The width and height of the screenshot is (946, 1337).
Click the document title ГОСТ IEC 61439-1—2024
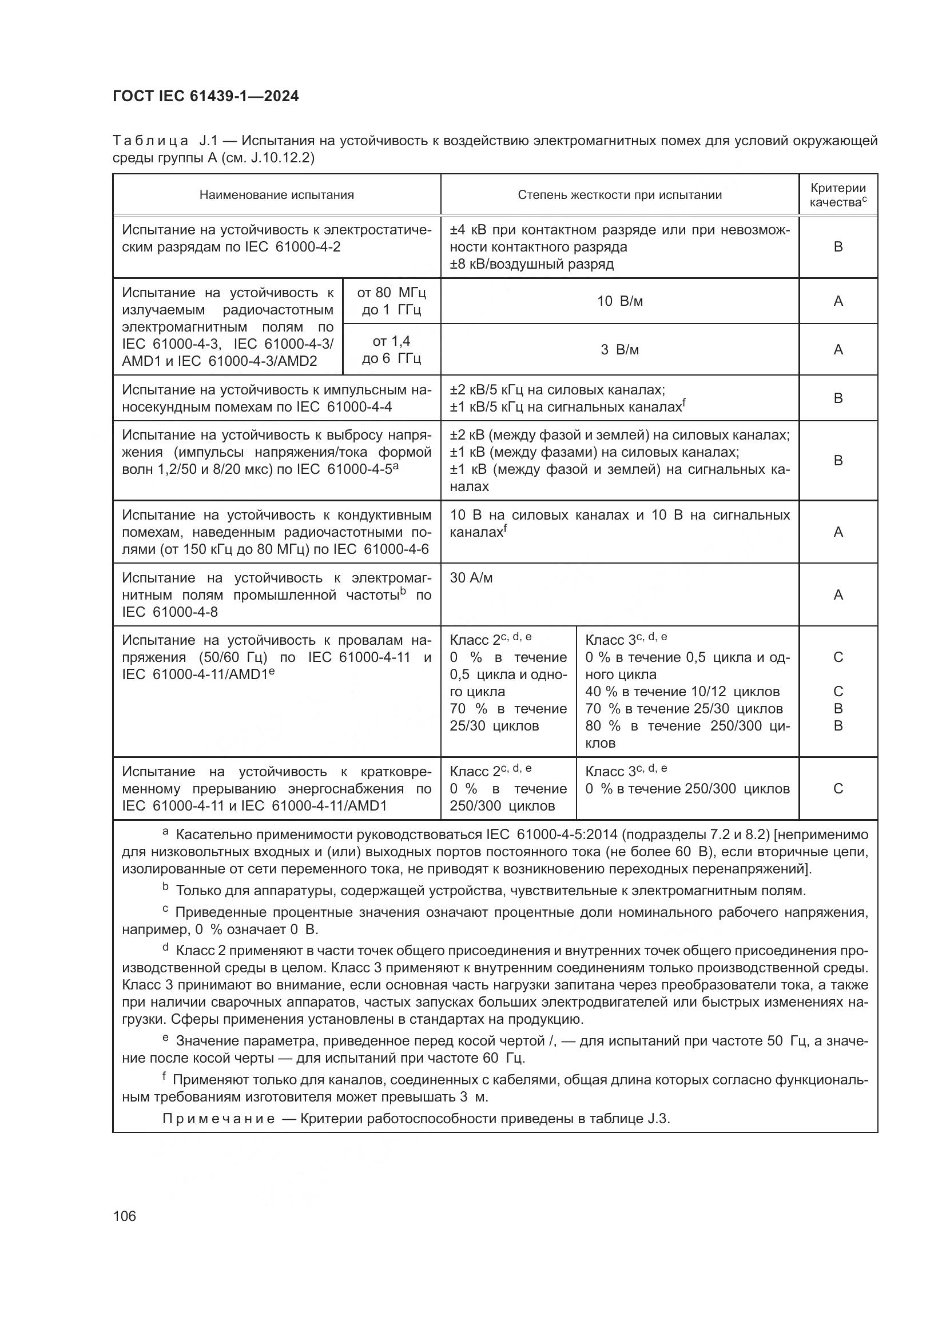(x=206, y=97)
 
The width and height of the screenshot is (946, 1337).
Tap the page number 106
(x=125, y=1216)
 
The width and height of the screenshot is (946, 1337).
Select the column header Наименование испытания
(x=277, y=195)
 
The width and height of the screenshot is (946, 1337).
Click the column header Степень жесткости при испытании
(x=619, y=195)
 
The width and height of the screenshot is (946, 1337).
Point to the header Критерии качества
(x=838, y=195)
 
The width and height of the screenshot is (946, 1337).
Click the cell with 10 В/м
(x=619, y=301)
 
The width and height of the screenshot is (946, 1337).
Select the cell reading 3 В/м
(x=619, y=350)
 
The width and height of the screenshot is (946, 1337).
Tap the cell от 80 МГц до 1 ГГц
(x=391, y=301)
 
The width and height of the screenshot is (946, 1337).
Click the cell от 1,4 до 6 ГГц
(x=391, y=350)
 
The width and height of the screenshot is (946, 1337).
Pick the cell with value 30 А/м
(x=471, y=578)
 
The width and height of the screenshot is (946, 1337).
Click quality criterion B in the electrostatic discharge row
(x=838, y=247)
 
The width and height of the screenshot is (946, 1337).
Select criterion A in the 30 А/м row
(x=838, y=595)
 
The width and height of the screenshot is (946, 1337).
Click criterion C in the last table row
(x=838, y=789)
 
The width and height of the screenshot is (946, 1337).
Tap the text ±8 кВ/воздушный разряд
(x=531, y=265)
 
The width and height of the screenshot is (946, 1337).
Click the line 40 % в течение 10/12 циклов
(x=682, y=692)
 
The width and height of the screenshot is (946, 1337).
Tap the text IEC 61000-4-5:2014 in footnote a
(x=551, y=835)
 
